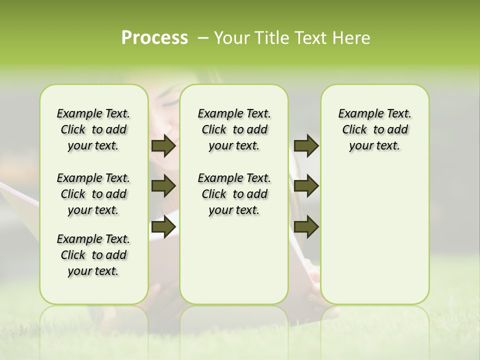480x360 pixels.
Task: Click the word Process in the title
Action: point(154,38)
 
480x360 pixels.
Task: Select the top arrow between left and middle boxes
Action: point(163,146)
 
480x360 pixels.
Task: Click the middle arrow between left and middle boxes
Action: point(163,186)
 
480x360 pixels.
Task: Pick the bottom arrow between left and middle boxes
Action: point(163,226)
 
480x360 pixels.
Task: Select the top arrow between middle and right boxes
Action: point(306,146)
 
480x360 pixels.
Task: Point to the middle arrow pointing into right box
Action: point(306,186)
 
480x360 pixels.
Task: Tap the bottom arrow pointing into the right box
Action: point(306,226)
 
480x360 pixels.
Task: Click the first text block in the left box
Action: point(93,129)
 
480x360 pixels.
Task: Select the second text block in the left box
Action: point(93,194)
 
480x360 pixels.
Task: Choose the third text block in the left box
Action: point(93,255)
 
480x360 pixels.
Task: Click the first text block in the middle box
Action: point(234,129)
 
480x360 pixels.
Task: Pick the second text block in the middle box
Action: point(234,194)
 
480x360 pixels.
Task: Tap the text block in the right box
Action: point(374,129)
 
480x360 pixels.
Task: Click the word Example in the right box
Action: point(358,114)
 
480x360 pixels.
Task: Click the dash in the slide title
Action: point(202,38)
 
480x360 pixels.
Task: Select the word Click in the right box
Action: point(354,130)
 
